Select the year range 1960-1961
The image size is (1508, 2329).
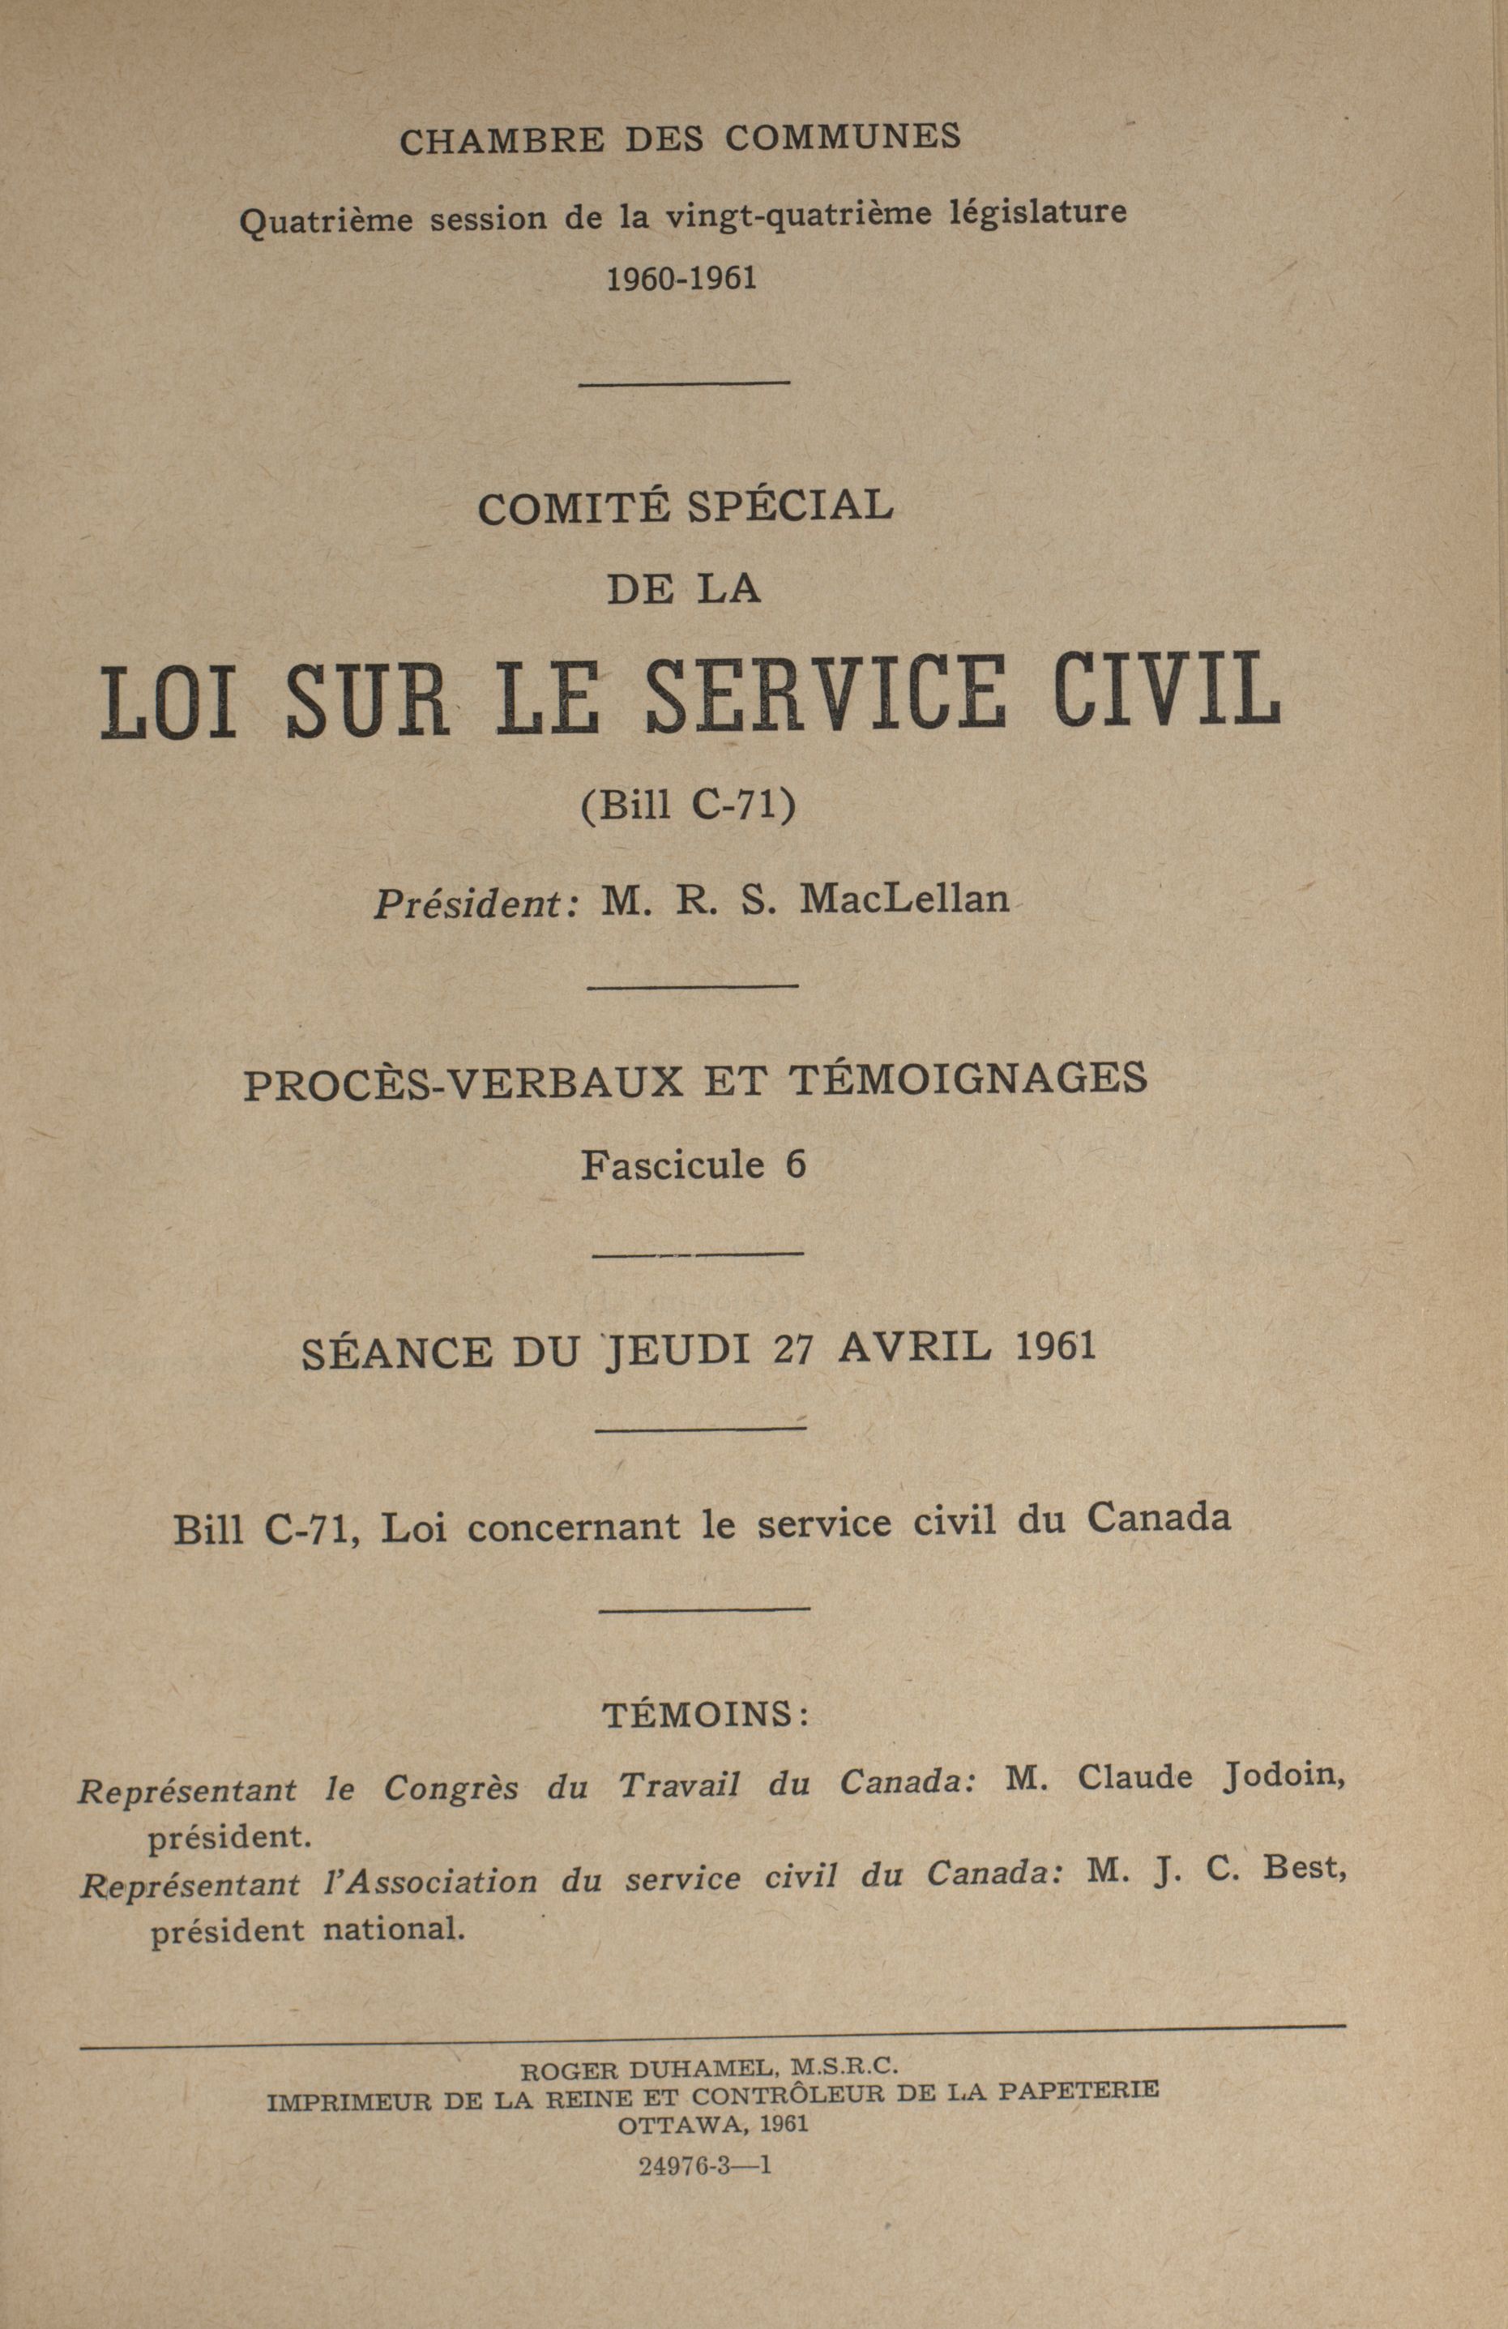pos(682,280)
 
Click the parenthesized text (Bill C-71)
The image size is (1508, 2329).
pos(689,806)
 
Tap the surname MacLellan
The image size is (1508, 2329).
pos(904,899)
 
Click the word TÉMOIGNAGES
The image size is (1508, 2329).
pos(967,1079)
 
